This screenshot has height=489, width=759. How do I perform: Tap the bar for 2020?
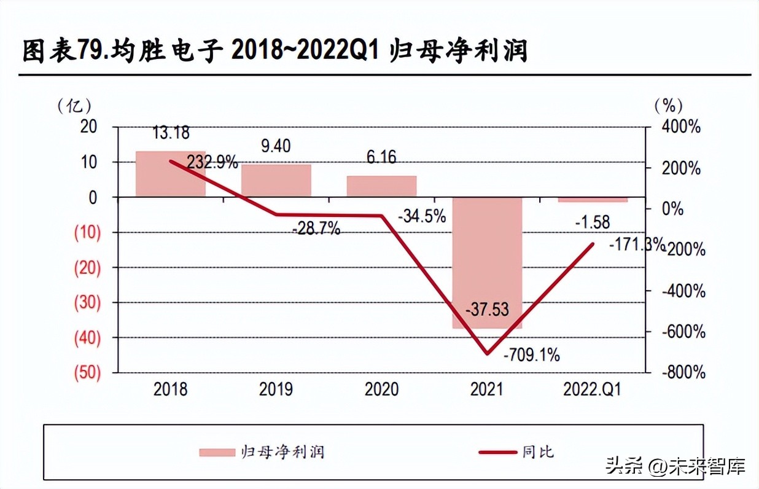[x=381, y=187]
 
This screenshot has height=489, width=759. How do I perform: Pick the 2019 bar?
[x=276, y=181]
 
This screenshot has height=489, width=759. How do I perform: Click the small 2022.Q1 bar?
[x=593, y=200]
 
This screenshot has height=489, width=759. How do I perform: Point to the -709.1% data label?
[x=531, y=355]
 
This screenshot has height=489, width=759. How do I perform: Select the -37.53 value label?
[x=487, y=310]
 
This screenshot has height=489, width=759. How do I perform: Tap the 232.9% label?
[x=212, y=162]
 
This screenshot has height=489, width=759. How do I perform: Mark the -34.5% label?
[x=422, y=217]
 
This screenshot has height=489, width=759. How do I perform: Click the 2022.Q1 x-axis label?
[x=592, y=389]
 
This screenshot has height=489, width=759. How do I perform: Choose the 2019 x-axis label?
[x=276, y=389]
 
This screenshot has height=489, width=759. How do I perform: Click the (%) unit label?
[x=668, y=106]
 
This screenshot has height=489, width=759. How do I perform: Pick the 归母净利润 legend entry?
[x=262, y=452]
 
